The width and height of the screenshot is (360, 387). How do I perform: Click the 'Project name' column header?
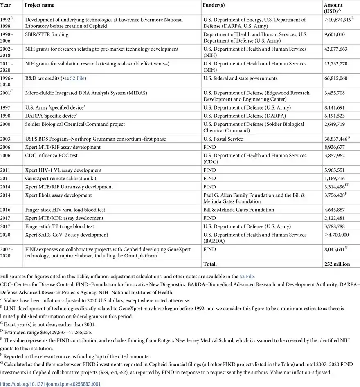pos(39,5)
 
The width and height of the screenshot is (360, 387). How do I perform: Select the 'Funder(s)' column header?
pos(214,5)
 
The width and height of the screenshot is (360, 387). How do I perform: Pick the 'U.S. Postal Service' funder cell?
pos(223,139)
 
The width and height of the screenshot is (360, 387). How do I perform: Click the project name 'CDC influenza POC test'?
pos(51,156)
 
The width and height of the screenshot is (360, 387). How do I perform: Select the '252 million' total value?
pos(337,264)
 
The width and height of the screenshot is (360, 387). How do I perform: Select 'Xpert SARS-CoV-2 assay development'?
pos(67,235)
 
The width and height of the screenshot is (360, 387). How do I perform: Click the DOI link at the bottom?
pos(50,384)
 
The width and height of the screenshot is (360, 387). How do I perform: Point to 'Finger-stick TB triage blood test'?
pos(60,226)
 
